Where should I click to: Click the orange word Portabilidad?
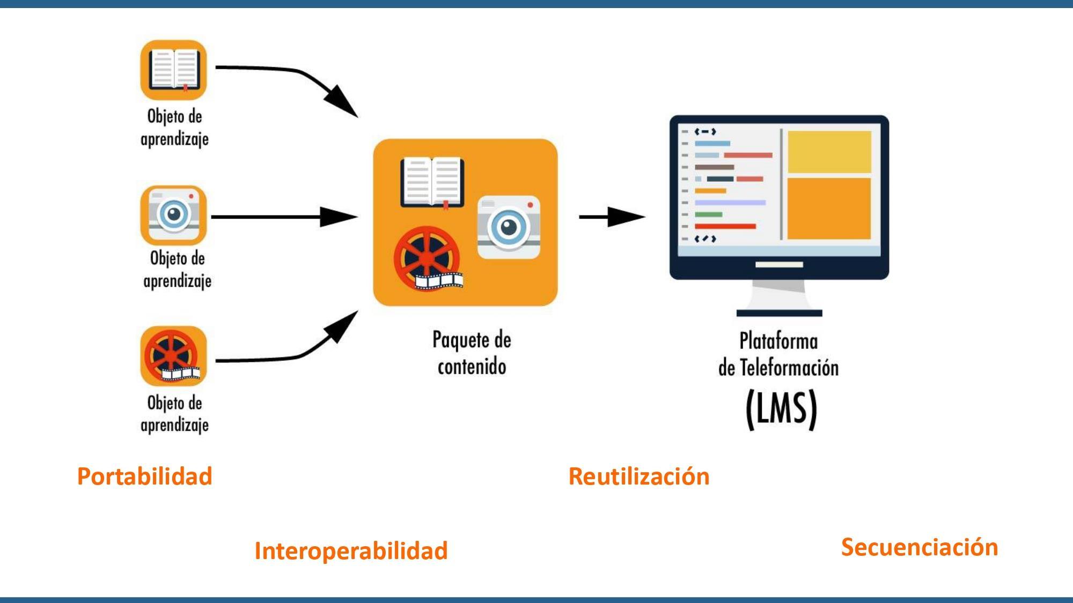(145, 477)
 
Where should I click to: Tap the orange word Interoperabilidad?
(351, 551)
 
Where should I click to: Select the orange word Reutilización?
(638, 477)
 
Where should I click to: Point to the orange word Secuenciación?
(919, 547)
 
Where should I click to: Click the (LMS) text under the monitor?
(781, 410)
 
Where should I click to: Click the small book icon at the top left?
(174, 70)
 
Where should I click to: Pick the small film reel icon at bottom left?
(174, 356)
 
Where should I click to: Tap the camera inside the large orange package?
(509, 227)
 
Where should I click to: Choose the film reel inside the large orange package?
(428, 259)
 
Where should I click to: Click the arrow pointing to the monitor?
(612, 217)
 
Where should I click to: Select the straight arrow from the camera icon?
(284, 217)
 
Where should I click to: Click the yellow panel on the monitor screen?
(829, 152)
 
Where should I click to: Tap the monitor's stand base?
(779, 313)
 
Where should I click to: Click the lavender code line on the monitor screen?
(730, 203)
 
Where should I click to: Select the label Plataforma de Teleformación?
(778, 354)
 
